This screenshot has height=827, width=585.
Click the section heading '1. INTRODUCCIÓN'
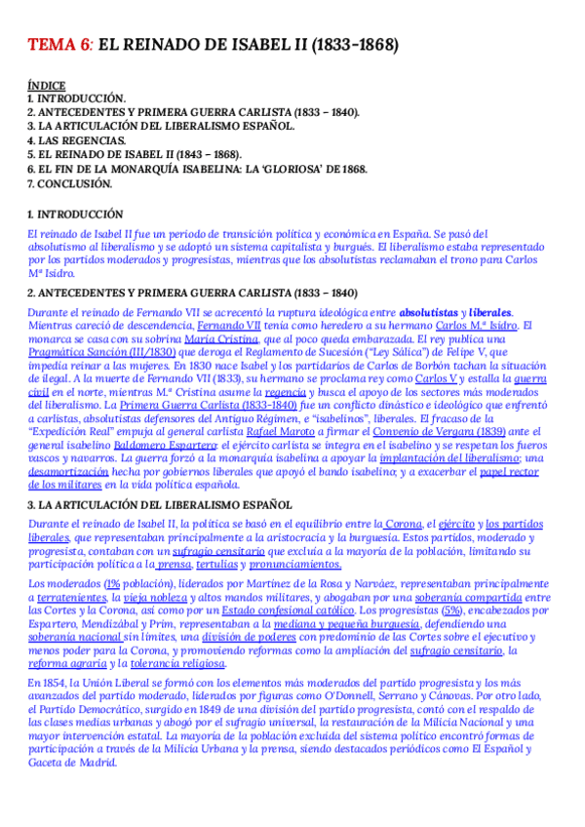pyautogui.click(x=75, y=214)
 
